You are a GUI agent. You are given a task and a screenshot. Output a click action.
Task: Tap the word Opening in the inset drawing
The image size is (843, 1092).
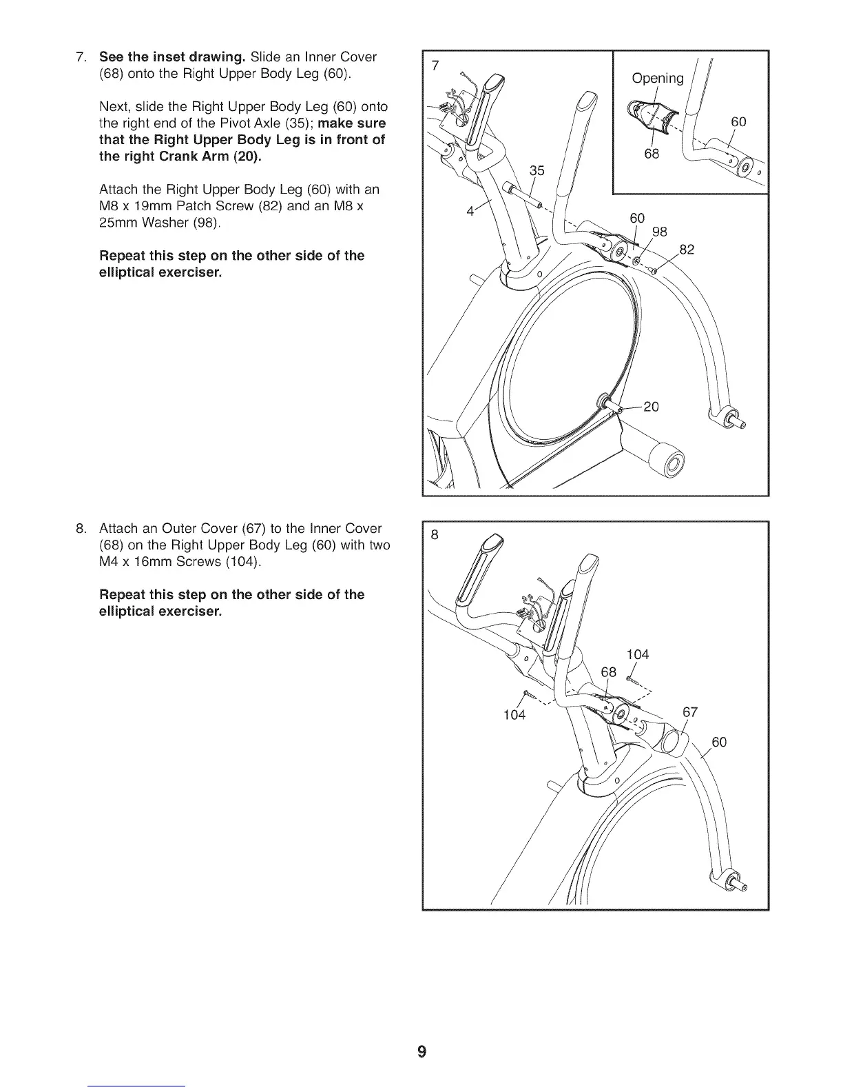tap(658, 78)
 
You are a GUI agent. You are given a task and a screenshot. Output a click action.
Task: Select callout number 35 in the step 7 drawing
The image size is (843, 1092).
tap(537, 170)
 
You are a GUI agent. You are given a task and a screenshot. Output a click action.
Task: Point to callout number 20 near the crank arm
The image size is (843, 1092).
tap(651, 407)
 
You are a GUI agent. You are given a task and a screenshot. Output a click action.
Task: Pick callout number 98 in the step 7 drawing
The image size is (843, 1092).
tap(659, 232)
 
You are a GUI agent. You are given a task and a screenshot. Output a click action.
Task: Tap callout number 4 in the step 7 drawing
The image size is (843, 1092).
tap(470, 212)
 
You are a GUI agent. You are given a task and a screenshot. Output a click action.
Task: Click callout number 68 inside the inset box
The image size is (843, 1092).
tap(652, 153)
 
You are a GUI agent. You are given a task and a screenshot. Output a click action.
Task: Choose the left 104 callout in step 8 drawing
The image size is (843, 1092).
tap(514, 714)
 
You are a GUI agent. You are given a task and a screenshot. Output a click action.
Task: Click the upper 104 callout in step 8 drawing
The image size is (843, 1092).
tap(637, 654)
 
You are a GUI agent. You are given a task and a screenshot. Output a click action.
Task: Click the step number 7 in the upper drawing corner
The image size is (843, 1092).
tap(435, 65)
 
